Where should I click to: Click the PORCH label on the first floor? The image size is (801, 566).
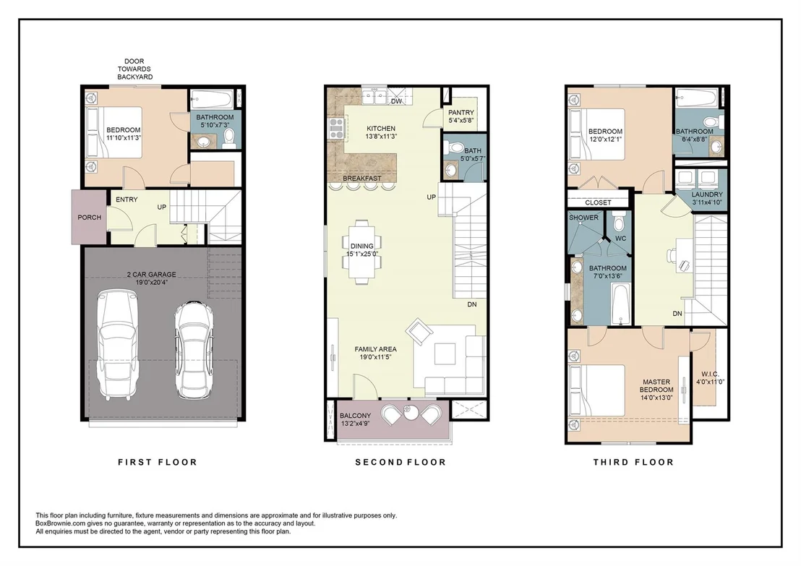point(90,218)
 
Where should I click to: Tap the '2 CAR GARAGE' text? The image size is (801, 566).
point(152,275)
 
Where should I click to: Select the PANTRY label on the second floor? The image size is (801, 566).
point(461,113)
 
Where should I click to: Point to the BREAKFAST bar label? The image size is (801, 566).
point(362,179)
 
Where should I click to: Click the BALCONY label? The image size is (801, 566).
point(356,416)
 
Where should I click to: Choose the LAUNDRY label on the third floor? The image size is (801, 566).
point(708,194)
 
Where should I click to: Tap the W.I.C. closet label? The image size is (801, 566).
point(711,374)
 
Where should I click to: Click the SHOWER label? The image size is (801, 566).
point(584,218)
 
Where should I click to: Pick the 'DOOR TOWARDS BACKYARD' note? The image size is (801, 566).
point(135,69)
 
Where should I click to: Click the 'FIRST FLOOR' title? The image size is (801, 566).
point(158,463)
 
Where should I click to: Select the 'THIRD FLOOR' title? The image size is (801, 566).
point(633,463)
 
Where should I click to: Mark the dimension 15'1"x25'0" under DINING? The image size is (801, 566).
point(362,254)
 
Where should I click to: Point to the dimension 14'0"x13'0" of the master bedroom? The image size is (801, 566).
point(656,398)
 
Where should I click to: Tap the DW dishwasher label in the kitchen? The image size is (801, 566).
point(396,102)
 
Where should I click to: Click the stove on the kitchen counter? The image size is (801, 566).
point(337,128)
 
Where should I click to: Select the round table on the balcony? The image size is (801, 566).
point(411,412)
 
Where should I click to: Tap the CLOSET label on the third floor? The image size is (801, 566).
point(598,203)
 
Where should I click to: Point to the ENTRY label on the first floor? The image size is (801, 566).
point(127,200)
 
